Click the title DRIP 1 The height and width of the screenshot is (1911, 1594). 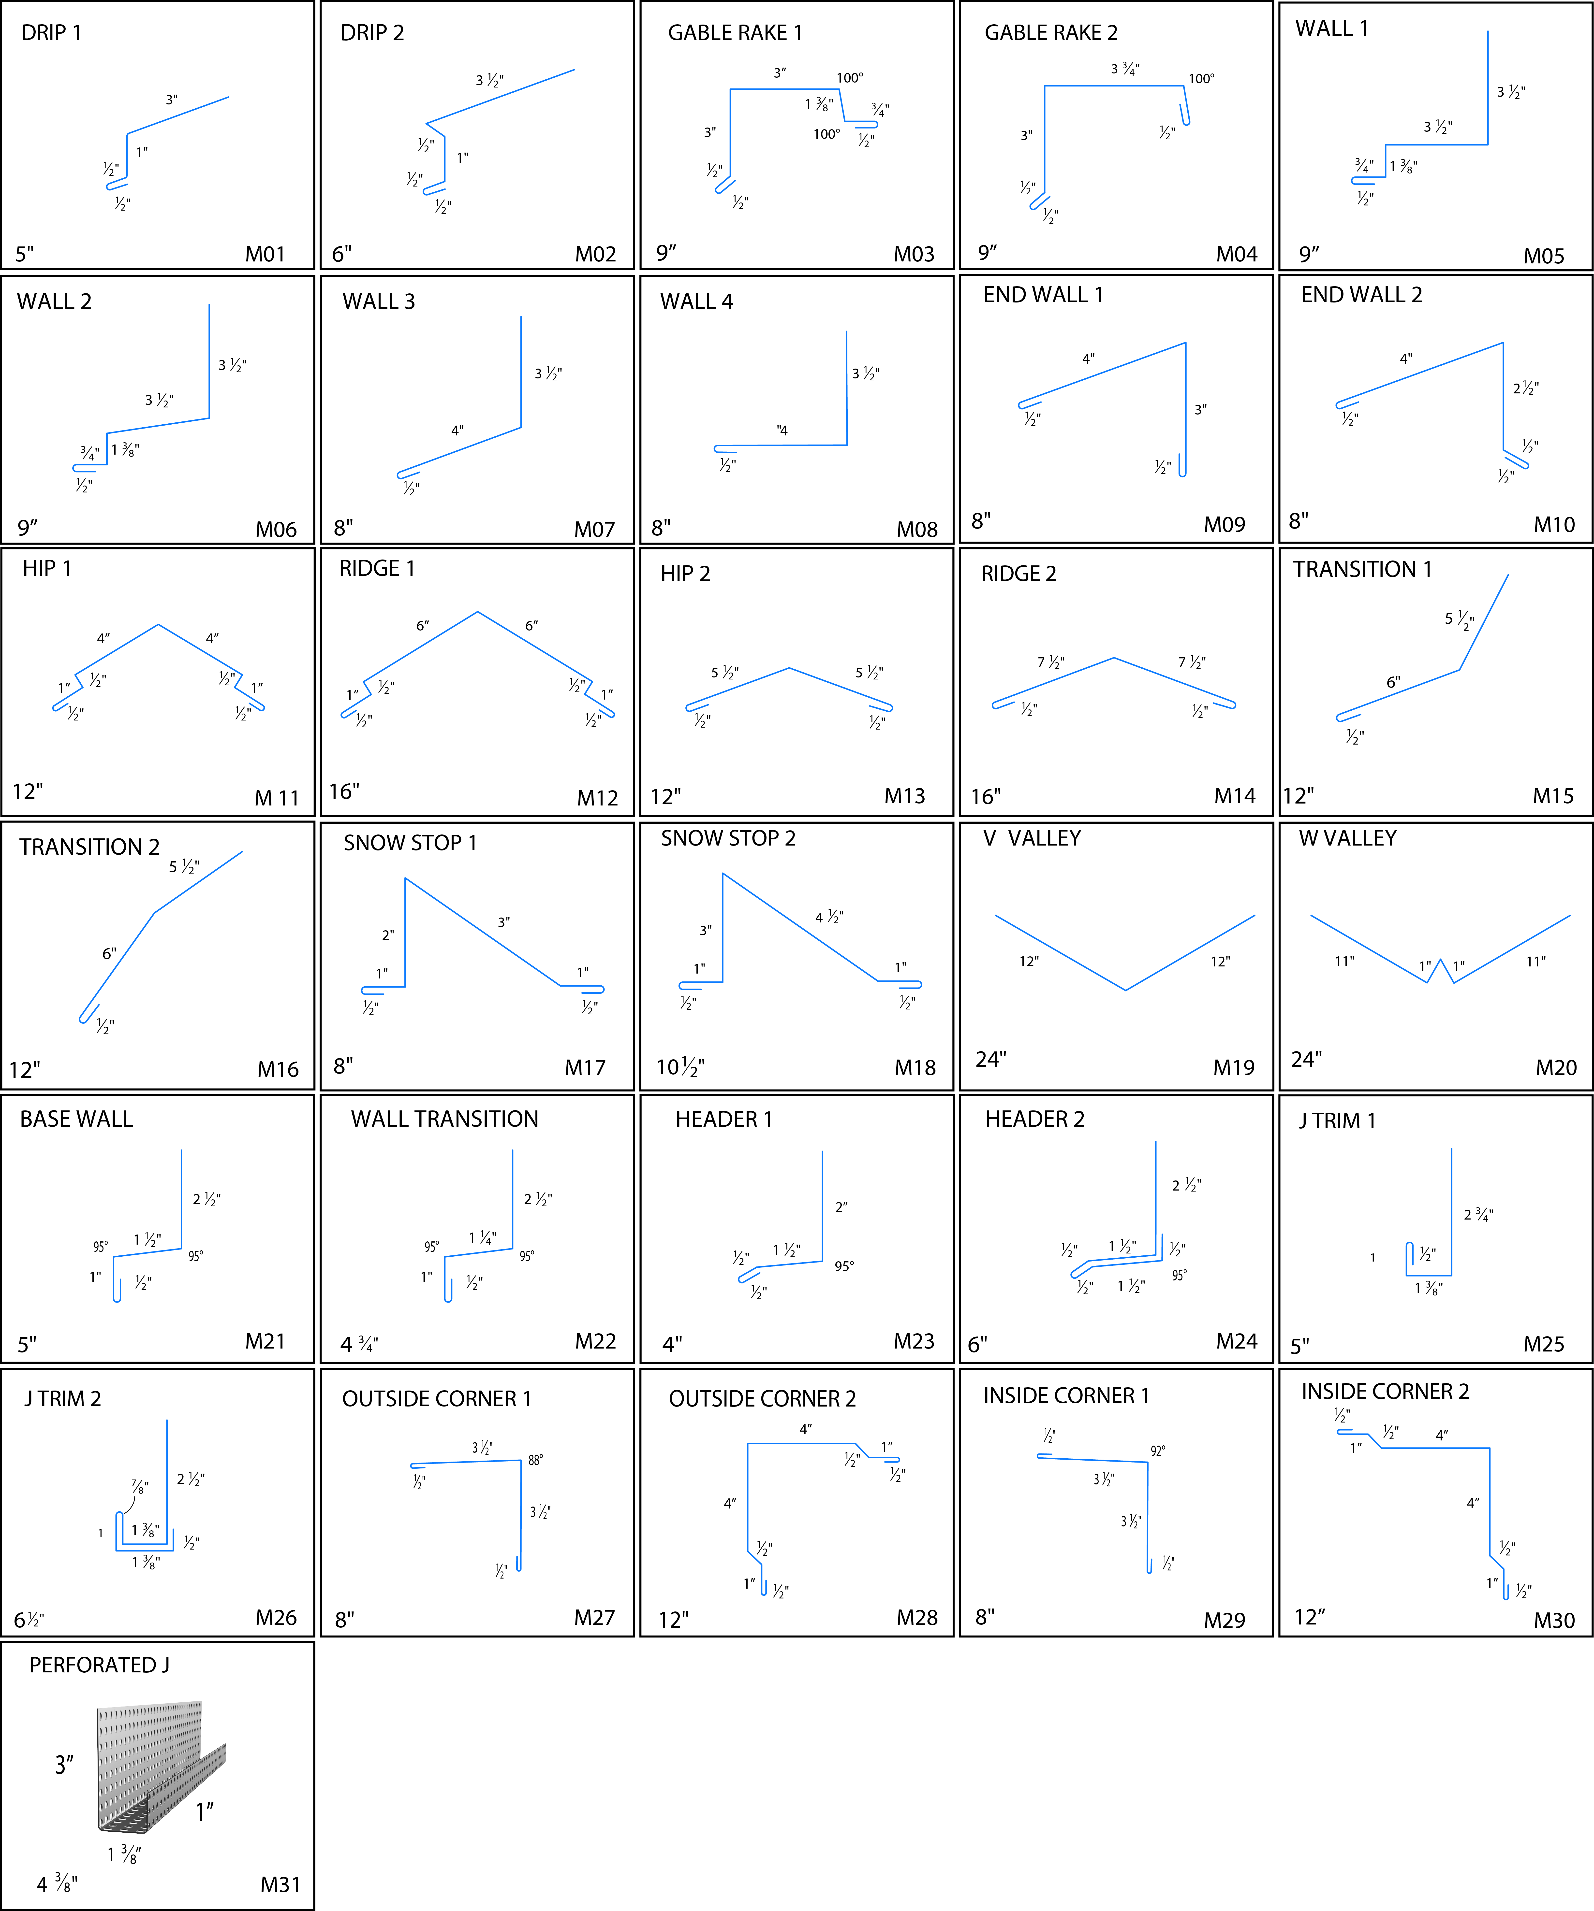(51, 33)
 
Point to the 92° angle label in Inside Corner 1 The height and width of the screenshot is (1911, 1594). (1157, 1451)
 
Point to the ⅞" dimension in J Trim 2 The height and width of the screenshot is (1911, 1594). (139, 1486)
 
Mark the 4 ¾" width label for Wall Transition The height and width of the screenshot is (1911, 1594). (359, 1344)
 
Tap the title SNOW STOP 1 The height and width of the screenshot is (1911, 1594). (410, 843)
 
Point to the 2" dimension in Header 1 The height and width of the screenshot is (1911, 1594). (841, 1207)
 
